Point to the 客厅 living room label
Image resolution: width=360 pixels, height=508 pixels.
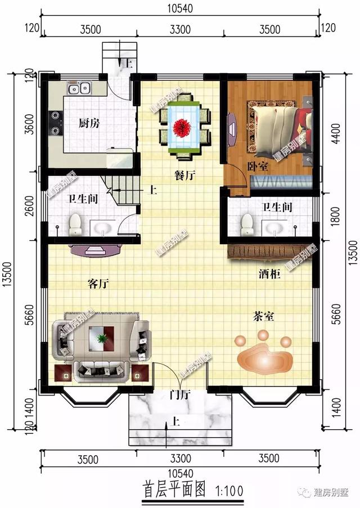click(x=98, y=284)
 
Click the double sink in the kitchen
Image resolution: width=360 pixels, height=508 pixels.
click(x=79, y=88)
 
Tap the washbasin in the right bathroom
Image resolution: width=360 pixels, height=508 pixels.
click(x=274, y=228)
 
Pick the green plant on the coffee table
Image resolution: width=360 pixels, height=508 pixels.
click(x=102, y=339)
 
